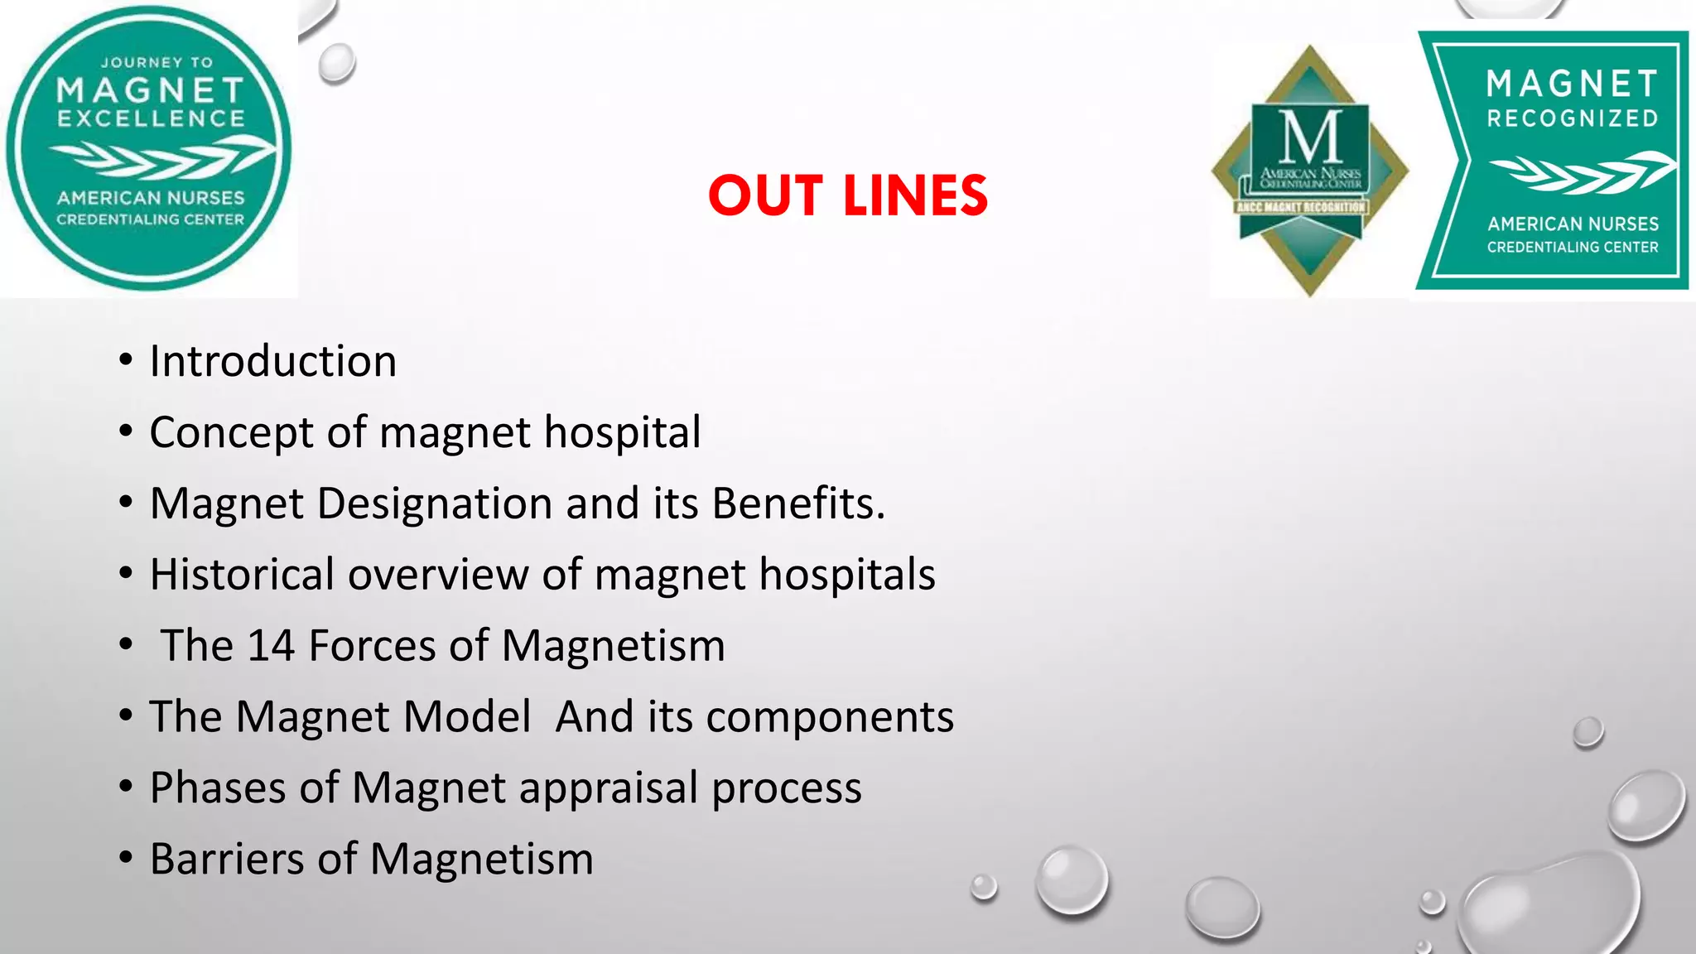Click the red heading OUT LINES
click(x=848, y=195)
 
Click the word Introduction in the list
click(x=272, y=362)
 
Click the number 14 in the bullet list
click(x=271, y=646)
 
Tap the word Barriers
click(x=225, y=860)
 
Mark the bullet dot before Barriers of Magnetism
click(x=126, y=858)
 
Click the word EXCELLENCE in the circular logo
click(x=151, y=119)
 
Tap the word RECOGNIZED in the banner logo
click(x=1572, y=119)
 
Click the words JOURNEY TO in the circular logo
click(x=157, y=63)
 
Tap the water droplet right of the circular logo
click(x=337, y=63)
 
